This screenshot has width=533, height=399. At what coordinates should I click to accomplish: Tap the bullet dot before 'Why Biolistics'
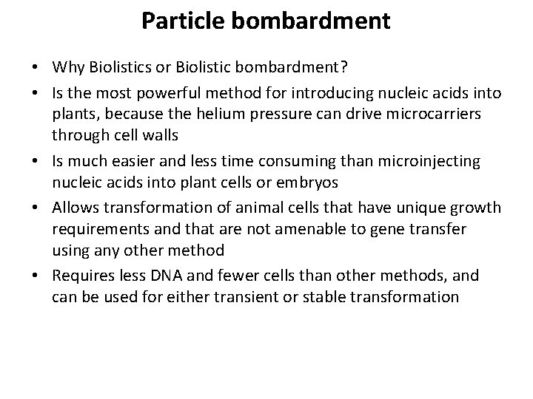36,69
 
